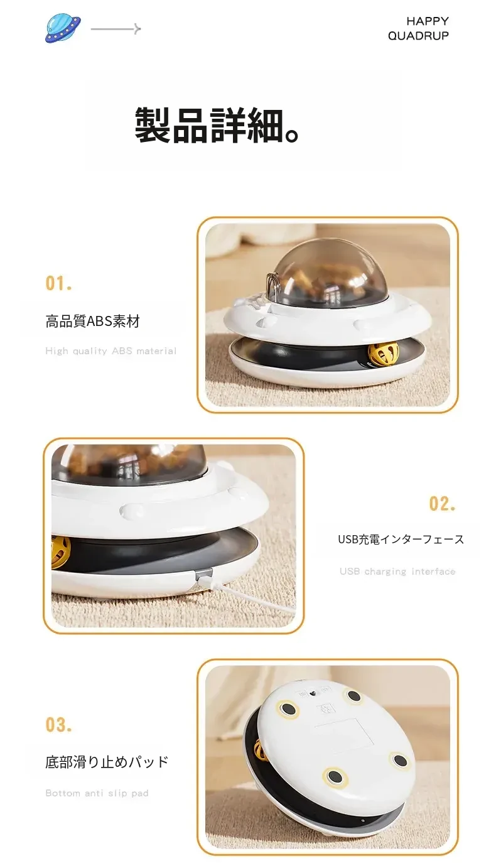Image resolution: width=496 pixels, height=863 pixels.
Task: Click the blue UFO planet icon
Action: pyautogui.click(x=63, y=28)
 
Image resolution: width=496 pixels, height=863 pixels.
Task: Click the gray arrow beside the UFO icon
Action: pyautogui.click(x=116, y=29)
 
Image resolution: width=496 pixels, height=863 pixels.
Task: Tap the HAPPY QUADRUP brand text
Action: pyautogui.click(x=418, y=28)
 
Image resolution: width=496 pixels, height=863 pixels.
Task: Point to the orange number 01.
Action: pyautogui.click(x=58, y=283)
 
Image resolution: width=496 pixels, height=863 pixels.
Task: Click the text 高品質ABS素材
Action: pyautogui.click(x=92, y=321)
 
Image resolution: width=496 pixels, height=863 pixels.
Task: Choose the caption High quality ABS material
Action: pyautogui.click(x=111, y=351)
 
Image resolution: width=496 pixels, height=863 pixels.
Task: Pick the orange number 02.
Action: pyautogui.click(x=442, y=504)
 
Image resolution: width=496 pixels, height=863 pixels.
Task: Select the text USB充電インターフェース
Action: pyautogui.click(x=401, y=540)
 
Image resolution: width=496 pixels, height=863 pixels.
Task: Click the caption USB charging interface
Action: pyautogui.click(x=397, y=572)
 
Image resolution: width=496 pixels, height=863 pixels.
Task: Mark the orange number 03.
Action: pyautogui.click(x=58, y=725)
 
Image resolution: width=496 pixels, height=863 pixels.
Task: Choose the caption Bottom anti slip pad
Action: pyautogui.click(x=97, y=793)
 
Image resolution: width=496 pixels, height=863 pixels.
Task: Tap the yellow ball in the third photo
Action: pyautogui.click(x=261, y=750)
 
